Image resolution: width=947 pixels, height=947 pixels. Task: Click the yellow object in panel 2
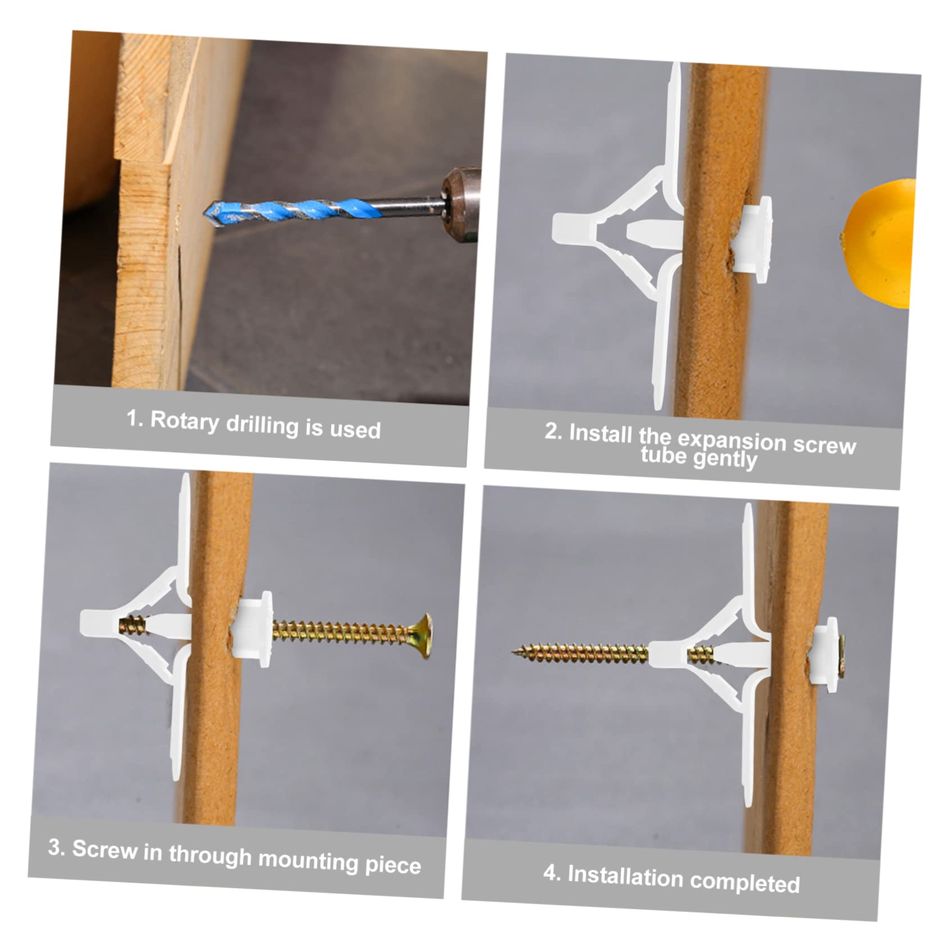pos(880,243)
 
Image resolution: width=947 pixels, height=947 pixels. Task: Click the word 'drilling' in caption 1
pos(262,425)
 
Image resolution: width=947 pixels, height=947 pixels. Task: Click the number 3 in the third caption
pos(55,846)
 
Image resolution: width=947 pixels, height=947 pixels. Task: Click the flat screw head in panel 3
pos(422,635)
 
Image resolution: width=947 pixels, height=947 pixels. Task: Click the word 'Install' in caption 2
pos(600,434)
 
